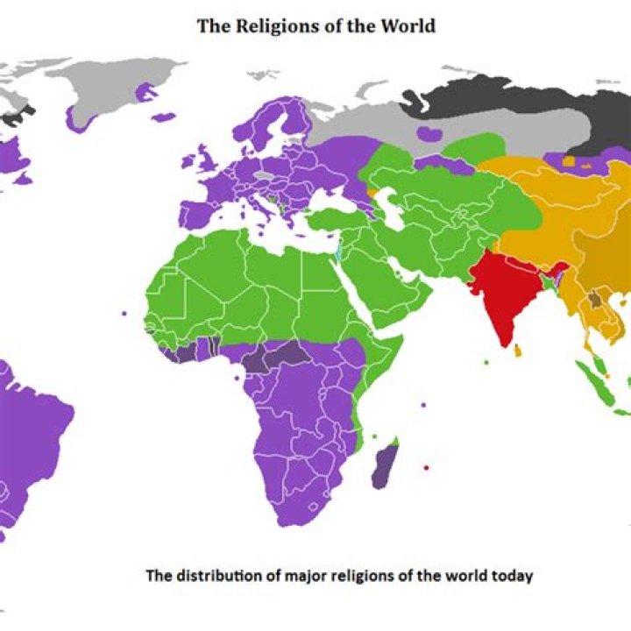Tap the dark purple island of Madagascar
tap(384, 464)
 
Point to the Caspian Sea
tap(394, 210)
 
